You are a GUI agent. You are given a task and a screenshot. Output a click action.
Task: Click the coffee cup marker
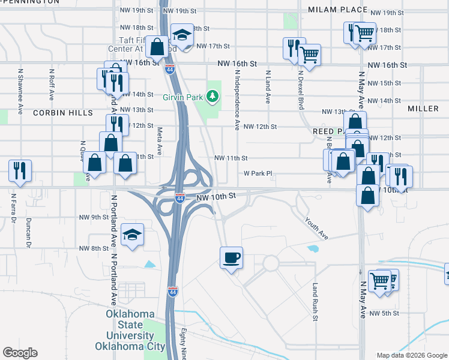click(x=231, y=259)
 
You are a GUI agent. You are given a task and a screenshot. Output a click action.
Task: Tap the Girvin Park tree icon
click(x=211, y=95)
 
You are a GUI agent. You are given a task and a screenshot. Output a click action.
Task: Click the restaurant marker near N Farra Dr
click(x=20, y=172)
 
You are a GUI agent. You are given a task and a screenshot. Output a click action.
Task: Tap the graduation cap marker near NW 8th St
click(x=132, y=235)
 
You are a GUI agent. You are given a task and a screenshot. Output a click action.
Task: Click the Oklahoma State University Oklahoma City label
click(x=130, y=330)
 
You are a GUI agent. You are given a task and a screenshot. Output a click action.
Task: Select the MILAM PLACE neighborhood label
click(x=337, y=10)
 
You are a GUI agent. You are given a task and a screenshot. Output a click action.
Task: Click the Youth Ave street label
click(x=316, y=228)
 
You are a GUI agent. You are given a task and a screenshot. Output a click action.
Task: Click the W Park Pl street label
click(x=258, y=173)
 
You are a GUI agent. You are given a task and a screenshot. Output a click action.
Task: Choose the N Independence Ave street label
click(x=238, y=100)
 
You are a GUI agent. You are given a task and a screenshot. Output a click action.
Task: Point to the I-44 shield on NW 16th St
click(x=170, y=69)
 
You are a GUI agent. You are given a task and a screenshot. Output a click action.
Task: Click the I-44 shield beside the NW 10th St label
click(x=179, y=198)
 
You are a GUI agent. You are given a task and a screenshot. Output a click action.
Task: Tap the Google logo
click(x=20, y=353)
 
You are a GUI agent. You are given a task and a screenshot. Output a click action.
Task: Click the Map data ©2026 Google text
click(x=412, y=355)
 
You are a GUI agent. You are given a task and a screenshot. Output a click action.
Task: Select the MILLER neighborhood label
click(x=423, y=109)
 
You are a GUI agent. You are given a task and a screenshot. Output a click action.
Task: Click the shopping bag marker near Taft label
click(x=157, y=46)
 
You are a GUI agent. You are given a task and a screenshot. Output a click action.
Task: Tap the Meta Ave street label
click(x=160, y=141)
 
